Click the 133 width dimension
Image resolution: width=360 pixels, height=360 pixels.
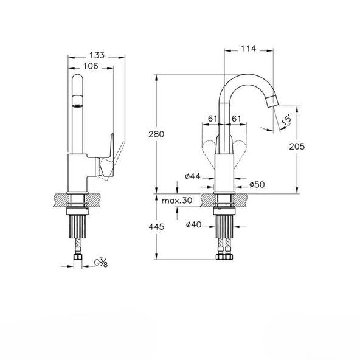click(97, 55)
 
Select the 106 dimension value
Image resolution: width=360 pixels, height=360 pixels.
click(91, 66)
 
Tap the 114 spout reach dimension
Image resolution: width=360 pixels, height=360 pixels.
click(249, 49)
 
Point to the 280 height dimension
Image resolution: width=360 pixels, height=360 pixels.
click(156, 134)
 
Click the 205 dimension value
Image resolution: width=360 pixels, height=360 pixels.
click(297, 147)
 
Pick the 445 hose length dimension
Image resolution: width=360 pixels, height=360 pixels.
click(156, 227)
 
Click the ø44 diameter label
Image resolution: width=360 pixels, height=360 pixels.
click(193, 176)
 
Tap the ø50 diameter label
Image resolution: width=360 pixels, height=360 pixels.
click(257, 184)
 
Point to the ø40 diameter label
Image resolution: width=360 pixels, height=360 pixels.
click(193, 224)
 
